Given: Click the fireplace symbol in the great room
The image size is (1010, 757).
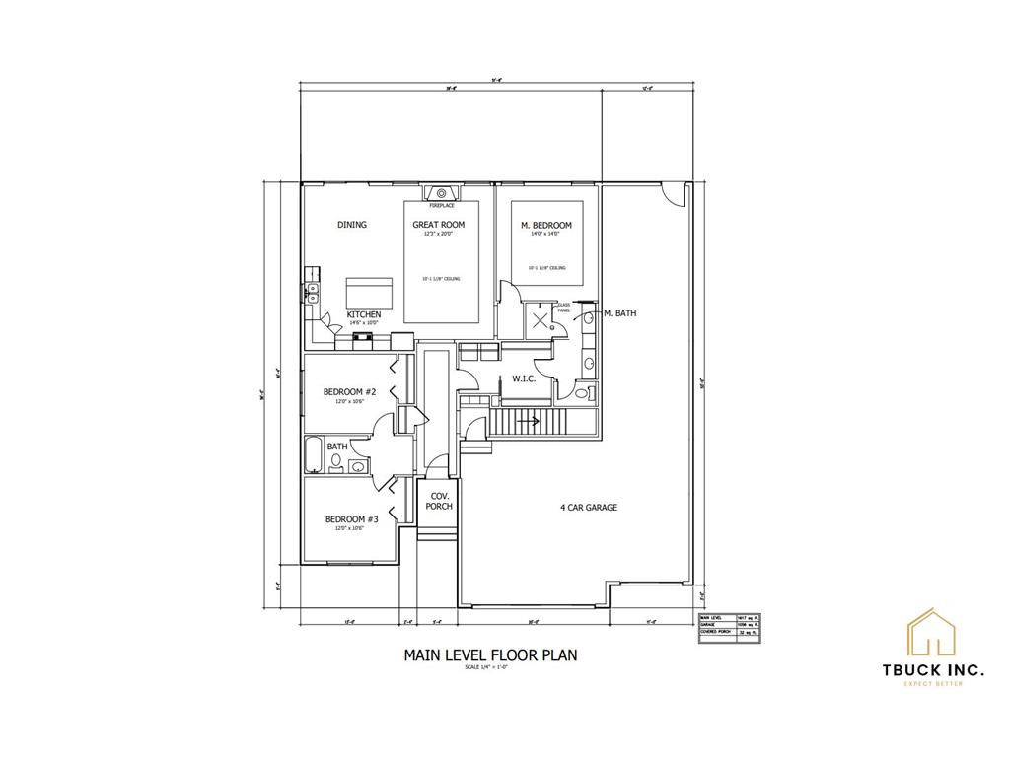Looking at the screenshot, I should pos(441,193).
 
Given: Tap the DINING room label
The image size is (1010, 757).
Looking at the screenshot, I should pos(352,225).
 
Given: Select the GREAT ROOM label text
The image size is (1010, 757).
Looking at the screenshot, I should pos(439,225).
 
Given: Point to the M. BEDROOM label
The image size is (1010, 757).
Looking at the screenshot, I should pos(546,226).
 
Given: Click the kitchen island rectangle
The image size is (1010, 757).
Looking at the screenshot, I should pos(369,293).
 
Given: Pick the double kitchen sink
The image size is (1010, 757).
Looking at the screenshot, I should pos(313,290).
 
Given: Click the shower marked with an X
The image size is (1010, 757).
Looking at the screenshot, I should pos(541,319).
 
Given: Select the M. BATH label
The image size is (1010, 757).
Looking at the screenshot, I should pos(618,313).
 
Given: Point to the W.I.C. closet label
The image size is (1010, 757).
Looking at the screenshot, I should pos(523,378).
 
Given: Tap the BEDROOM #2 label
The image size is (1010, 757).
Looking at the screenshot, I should pos(350,392).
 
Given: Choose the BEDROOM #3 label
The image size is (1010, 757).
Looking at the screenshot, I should pos(351,519).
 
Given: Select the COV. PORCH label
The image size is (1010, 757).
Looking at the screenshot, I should pos(438,501).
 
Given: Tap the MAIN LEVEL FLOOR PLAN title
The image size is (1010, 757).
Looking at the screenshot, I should pos(490,654).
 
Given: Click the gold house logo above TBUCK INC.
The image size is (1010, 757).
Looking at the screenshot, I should pos(932,633).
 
